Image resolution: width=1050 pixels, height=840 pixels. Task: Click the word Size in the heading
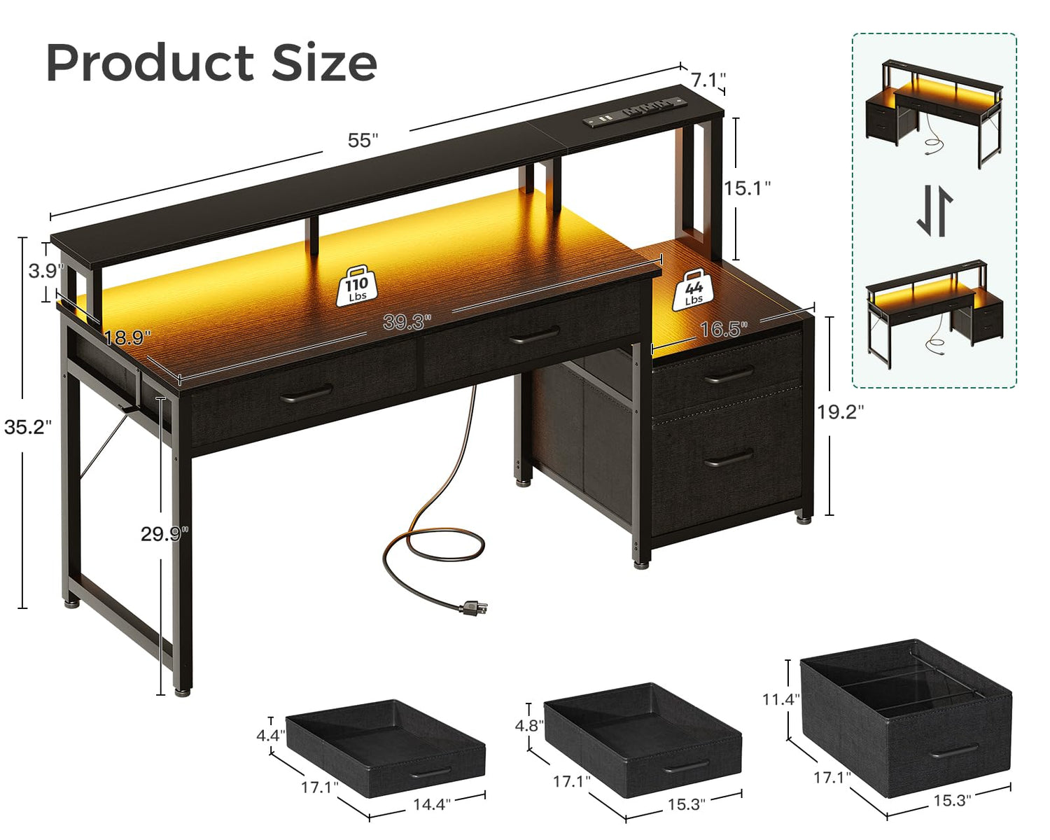click(324, 63)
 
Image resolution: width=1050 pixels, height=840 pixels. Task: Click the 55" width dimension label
click(363, 141)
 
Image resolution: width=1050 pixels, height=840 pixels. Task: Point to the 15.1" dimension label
click(746, 188)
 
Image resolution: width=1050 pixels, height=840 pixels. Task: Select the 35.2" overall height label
click(28, 426)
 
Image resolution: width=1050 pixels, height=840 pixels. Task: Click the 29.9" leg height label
click(164, 533)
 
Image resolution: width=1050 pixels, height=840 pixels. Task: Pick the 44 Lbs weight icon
click(693, 290)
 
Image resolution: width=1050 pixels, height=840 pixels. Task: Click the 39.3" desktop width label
click(407, 322)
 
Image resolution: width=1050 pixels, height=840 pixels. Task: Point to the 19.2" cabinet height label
click(840, 412)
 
